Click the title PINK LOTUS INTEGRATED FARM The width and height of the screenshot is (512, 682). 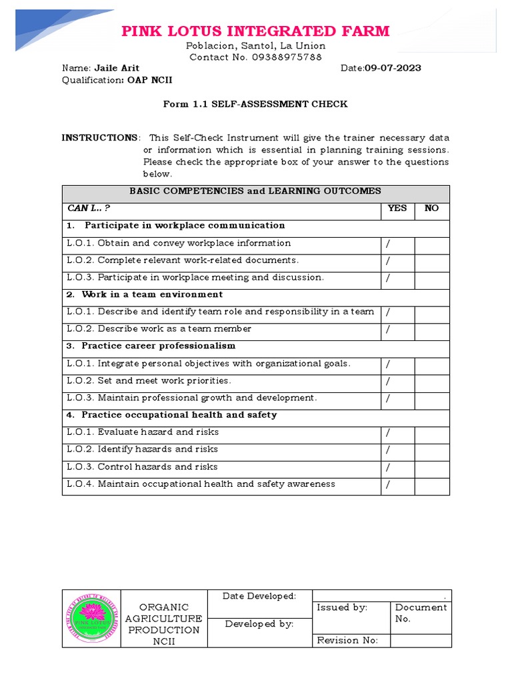point(255,31)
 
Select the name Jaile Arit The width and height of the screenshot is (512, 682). point(117,69)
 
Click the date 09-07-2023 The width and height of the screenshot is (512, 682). point(393,69)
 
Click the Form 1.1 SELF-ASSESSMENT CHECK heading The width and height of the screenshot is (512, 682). point(255,105)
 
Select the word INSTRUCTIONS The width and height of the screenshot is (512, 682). point(100,138)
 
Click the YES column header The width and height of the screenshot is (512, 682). point(397,208)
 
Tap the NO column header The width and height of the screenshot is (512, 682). point(432,208)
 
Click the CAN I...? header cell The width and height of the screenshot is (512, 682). point(89,208)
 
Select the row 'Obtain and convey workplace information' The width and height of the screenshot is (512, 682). point(179,244)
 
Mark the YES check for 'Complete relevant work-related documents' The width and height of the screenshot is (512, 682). point(389,261)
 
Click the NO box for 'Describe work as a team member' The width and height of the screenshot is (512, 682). point(432,330)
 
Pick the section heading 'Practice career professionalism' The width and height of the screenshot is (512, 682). point(158,346)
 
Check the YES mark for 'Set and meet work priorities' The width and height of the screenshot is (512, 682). point(389,382)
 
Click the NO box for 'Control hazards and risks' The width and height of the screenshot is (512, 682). point(432,468)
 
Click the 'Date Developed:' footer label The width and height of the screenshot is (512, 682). point(259,597)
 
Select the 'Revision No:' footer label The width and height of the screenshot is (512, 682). point(347,641)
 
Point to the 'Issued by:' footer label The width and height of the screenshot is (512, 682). point(342,607)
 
